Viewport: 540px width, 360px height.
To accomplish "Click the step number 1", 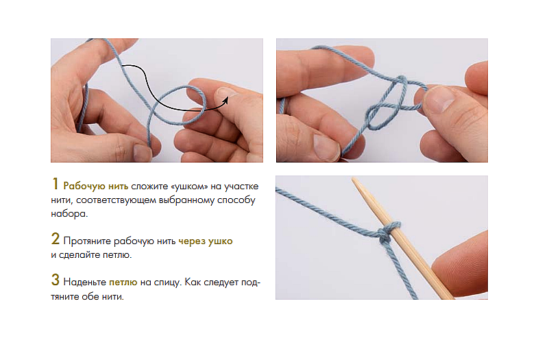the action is (x=55, y=184).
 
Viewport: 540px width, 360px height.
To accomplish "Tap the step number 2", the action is (x=56, y=239).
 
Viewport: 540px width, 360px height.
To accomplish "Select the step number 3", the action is (x=56, y=280).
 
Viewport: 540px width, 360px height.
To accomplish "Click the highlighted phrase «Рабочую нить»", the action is (x=96, y=187).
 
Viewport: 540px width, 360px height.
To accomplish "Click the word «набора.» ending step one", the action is (x=69, y=213).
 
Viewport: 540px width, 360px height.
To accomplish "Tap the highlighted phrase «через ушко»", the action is (x=206, y=241).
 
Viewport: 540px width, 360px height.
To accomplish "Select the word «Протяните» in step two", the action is (x=87, y=241).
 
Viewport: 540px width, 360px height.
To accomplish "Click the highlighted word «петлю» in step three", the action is (x=123, y=283).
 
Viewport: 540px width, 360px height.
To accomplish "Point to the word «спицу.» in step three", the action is (x=167, y=283).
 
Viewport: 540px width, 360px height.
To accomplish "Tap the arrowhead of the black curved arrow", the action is (x=225, y=100).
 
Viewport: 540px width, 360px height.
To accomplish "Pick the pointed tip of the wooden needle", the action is (x=354, y=179).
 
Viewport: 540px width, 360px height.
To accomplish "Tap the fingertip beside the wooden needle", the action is (x=458, y=265).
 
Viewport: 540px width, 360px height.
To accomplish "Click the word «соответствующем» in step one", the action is (x=117, y=200).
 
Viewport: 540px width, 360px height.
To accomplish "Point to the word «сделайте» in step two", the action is (x=79, y=255).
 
